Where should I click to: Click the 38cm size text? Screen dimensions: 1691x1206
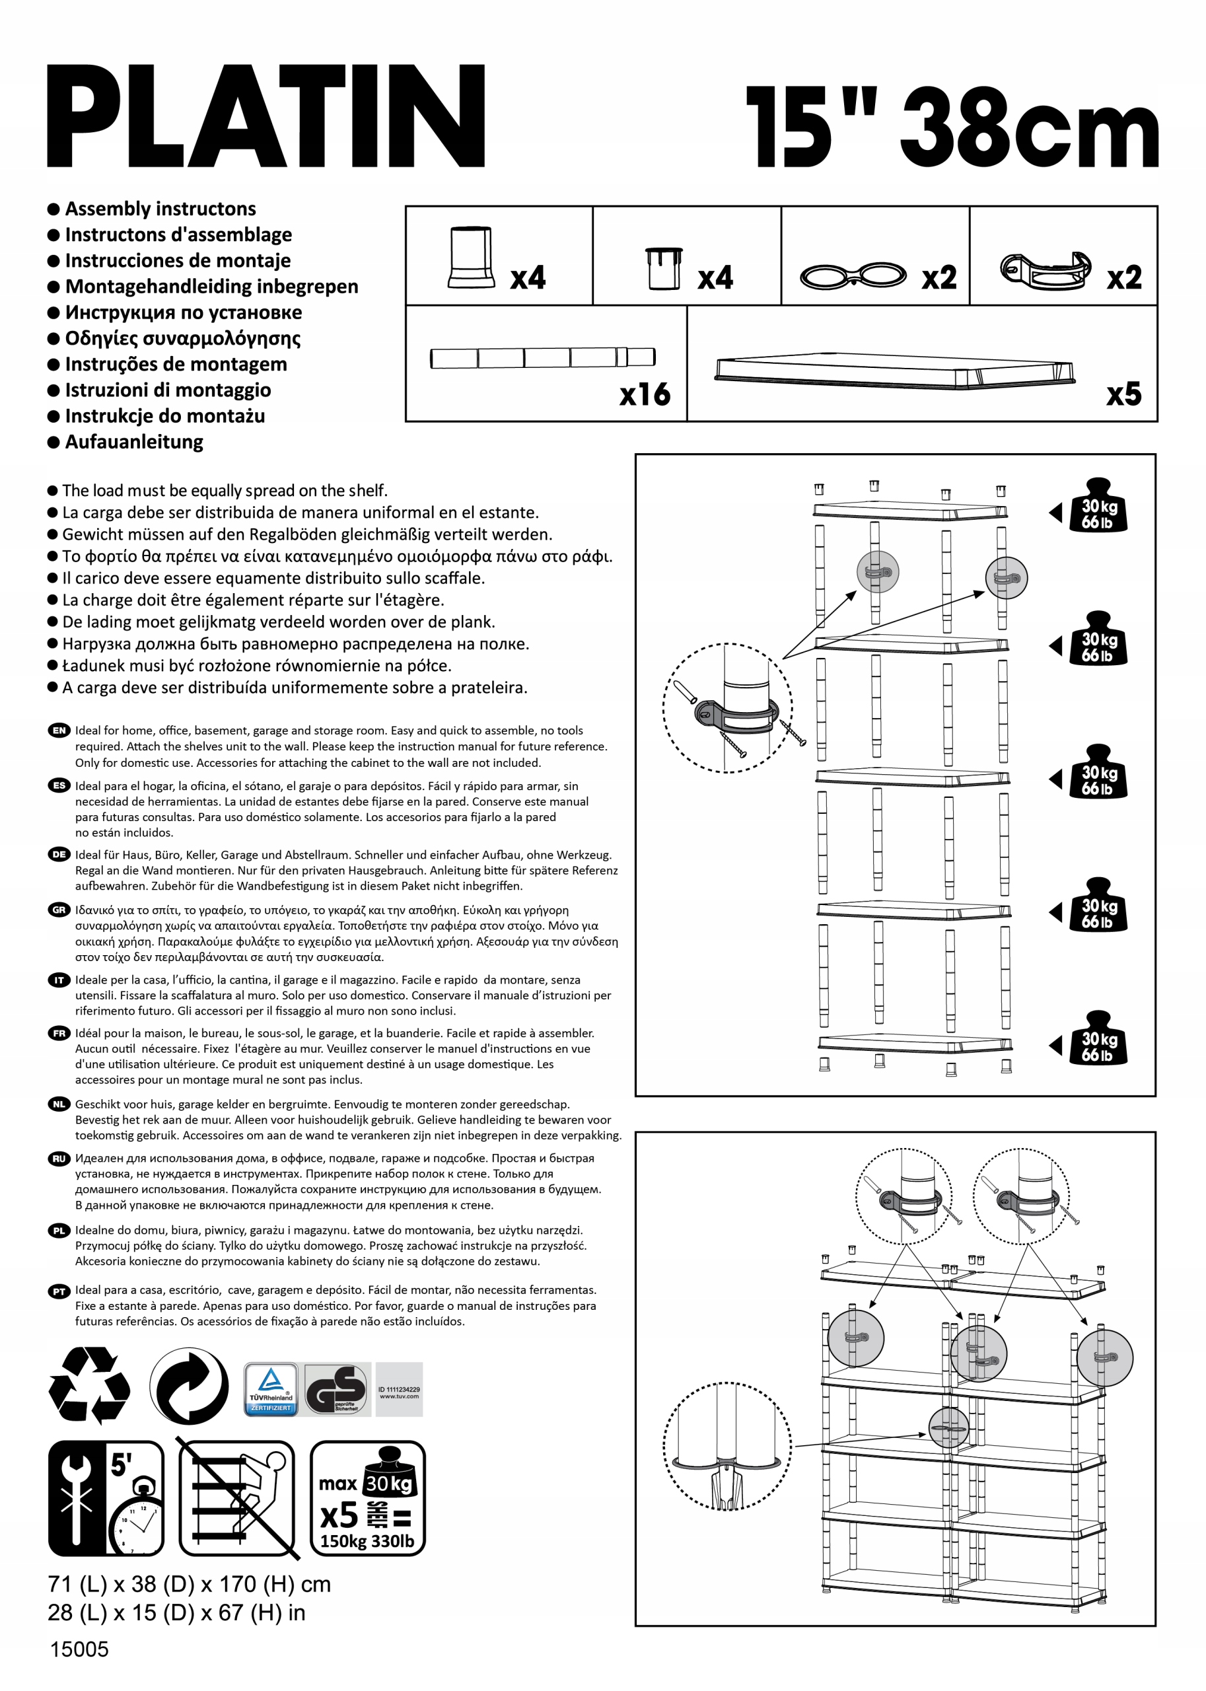pos(1028,127)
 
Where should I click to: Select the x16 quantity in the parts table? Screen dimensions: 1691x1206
pos(645,394)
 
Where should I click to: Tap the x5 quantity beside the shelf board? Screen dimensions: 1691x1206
pos(1123,394)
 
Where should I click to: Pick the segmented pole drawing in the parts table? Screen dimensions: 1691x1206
pos(542,358)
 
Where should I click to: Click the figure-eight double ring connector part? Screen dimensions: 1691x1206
pos(853,275)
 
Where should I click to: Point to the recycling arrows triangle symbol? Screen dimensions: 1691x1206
pos(89,1385)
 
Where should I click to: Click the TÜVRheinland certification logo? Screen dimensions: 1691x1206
pos(271,1388)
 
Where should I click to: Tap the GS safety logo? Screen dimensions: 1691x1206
pos(337,1388)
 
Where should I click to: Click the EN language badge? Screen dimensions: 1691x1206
pos(59,731)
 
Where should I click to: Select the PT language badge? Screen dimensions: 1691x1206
pos(59,1291)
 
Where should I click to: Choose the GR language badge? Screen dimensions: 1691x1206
pos(59,910)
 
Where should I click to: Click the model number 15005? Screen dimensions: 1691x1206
pos(79,1649)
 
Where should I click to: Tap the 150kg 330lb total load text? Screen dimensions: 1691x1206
pos(367,1541)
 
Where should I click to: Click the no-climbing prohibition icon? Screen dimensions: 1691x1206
pos(237,1497)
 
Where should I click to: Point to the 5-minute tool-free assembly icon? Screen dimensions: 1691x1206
pos(106,1497)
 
